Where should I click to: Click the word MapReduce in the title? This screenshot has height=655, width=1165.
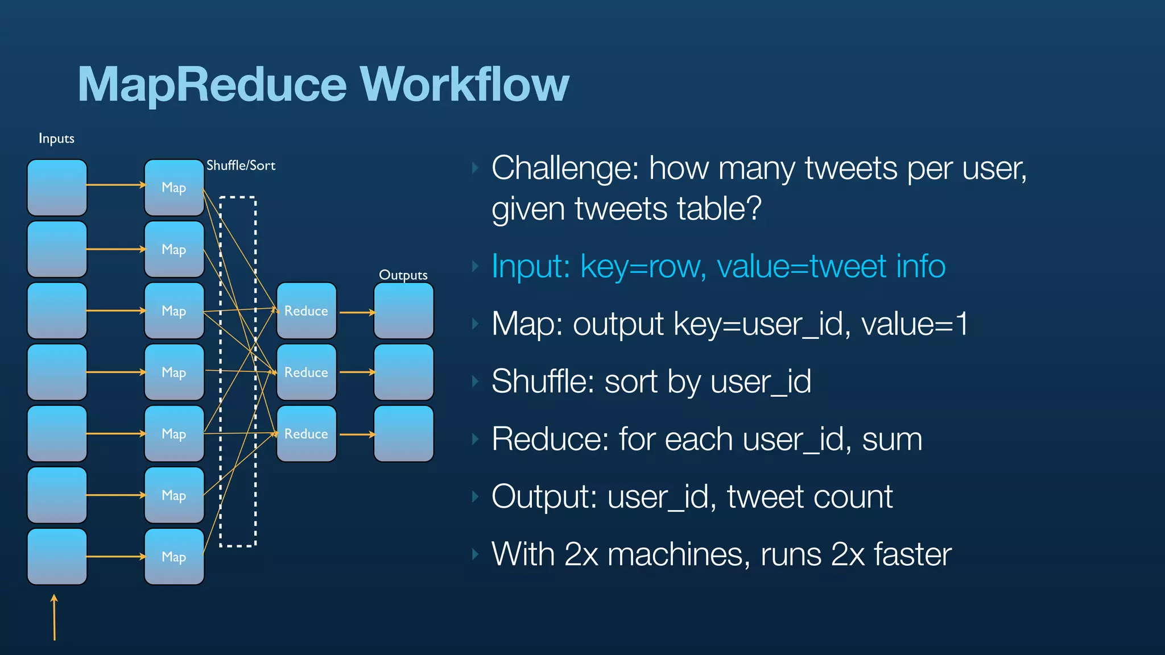tap(212, 84)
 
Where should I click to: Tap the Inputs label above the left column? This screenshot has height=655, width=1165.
tap(56, 139)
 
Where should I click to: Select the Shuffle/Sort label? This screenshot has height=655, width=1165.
tap(241, 165)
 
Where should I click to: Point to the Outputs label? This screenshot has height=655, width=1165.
tap(403, 275)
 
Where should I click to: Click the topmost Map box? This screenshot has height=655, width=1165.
tap(174, 188)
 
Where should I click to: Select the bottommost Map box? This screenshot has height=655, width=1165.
tap(174, 557)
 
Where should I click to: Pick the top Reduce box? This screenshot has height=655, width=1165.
tap(306, 311)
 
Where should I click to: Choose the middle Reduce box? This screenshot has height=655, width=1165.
tap(306, 372)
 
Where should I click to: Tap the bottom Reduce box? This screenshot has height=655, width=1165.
tap(306, 434)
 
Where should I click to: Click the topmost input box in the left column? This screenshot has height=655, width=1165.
tap(57, 188)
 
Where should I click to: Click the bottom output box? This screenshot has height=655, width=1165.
tap(403, 434)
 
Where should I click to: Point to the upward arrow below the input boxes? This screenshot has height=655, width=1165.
tap(55, 617)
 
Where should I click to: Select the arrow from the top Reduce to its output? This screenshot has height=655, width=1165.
tap(357, 312)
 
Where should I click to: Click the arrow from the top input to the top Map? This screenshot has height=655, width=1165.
tap(116, 185)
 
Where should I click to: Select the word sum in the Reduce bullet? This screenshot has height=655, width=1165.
tap(892, 440)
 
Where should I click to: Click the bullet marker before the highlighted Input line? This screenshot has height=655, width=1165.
tap(476, 266)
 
